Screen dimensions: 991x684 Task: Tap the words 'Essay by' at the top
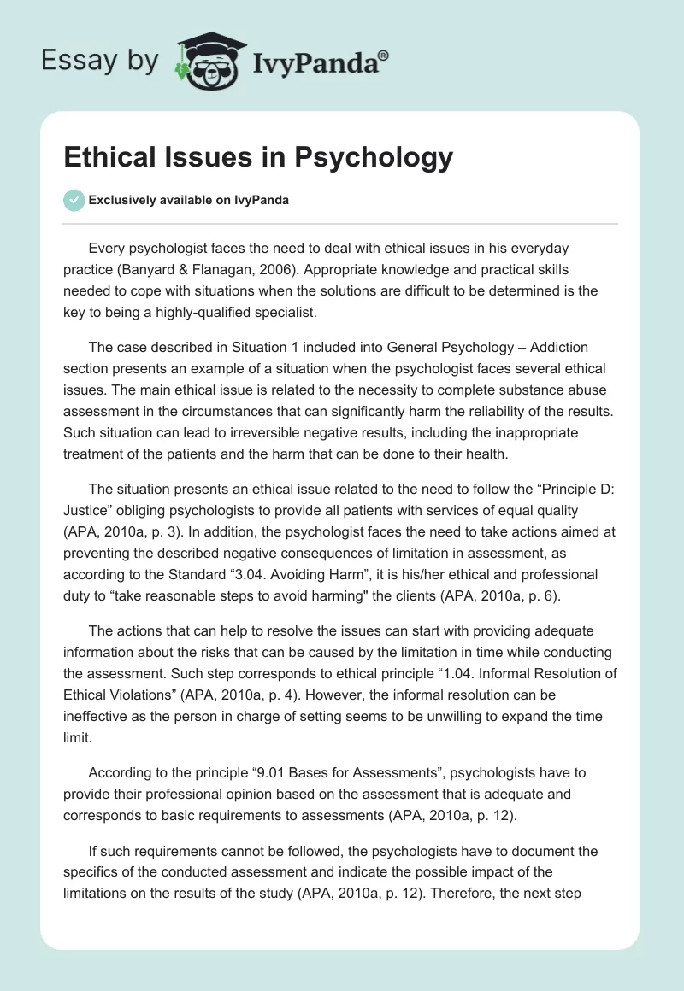pyautogui.click(x=99, y=61)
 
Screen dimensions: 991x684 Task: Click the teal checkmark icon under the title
pyautogui.click(x=74, y=200)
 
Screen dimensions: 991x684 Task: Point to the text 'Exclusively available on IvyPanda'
pyautogui.click(x=188, y=201)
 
